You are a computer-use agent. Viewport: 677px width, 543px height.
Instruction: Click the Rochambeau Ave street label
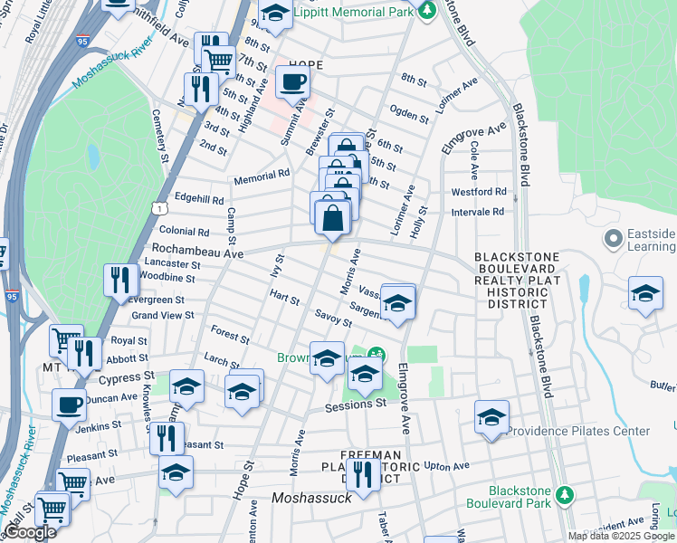coord(196,254)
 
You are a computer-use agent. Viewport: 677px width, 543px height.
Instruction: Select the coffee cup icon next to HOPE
coord(292,83)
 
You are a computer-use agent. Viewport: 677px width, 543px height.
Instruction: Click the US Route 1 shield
coord(160,208)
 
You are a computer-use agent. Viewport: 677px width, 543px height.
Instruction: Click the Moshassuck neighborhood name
coord(308,499)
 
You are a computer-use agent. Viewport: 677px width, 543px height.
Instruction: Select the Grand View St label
coord(163,316)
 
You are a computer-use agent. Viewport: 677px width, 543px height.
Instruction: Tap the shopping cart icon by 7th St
coord(219,62)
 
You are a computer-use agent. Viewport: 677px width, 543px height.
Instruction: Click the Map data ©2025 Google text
coord(621,536)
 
